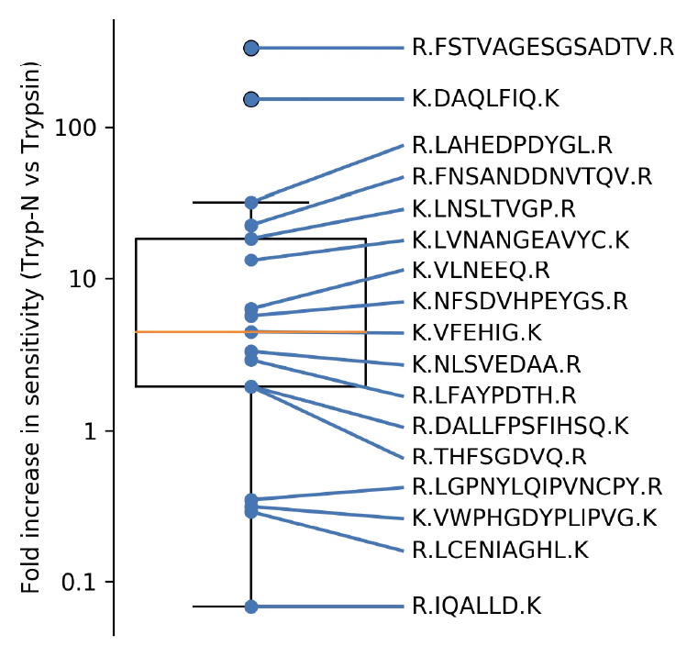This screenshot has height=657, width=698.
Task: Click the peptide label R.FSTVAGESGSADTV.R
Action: [543, 47]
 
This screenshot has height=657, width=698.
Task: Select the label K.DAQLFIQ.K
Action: [485, 98]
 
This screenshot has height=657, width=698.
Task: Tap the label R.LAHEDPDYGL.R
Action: [513, 145]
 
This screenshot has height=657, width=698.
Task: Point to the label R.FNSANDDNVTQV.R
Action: [532, 175]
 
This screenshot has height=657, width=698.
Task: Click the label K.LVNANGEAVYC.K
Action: [520, 239]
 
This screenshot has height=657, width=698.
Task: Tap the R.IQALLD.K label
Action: [477, 606]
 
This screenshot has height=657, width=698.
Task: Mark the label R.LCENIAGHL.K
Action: [500, 550]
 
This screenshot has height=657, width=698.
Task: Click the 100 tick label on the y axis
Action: [81, 128]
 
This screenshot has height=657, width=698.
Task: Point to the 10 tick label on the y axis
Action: [86, 279]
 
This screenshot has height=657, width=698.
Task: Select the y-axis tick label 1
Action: [93, 430]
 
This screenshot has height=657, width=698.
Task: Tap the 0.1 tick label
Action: [81, 582]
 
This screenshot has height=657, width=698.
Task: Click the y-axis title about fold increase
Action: [33, 328]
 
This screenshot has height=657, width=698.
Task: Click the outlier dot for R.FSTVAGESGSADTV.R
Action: [250, 48]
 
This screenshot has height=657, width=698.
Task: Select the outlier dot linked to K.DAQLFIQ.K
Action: [250, 99]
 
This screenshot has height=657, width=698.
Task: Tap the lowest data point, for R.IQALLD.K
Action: [250, 607]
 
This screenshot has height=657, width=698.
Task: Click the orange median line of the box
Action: [183, 331]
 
